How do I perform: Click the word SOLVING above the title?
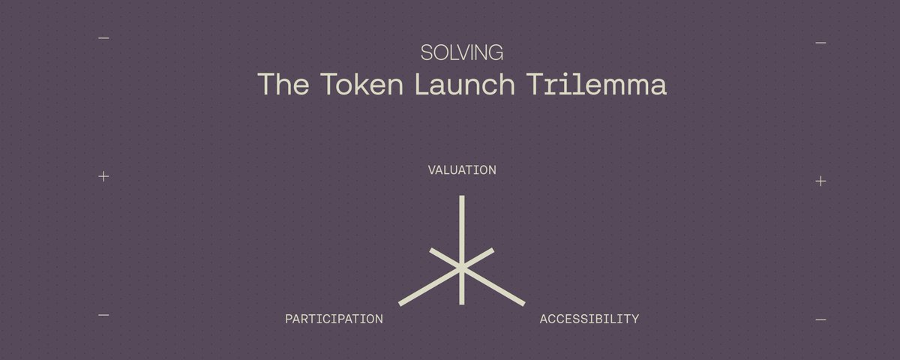coord(461,52)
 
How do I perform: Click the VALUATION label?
coord(462,170)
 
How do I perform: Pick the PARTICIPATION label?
coord(334,319)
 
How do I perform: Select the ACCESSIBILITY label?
coord(589,319)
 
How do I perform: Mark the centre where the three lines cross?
coord(462,268)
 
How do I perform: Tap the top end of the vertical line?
coord(462,197)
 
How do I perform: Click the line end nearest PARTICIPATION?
coord(400,304)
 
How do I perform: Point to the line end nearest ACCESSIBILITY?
coord(523,304)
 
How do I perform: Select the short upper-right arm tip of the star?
coord(493,250)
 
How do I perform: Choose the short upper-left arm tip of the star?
coord(431,250)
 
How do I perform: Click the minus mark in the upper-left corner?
coord(103,38)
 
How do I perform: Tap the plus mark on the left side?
coord(103,176)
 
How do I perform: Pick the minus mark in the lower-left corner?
coord(103,315)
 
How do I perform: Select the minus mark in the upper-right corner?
coord(820,43)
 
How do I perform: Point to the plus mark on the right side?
coord(820,181)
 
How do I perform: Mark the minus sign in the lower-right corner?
coord(820,319)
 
